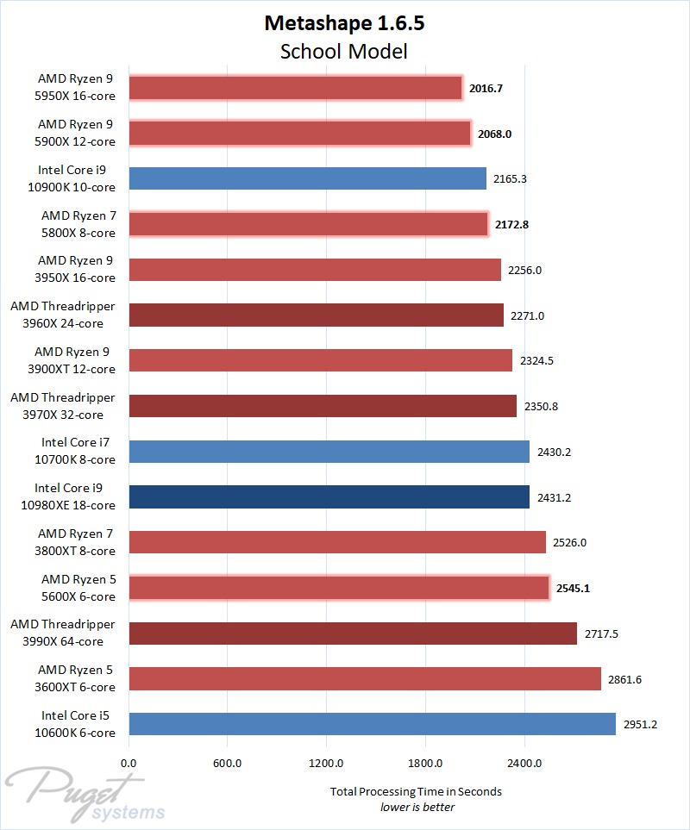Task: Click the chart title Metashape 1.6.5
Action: tap(344, 23)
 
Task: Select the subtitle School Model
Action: tap(344, 52)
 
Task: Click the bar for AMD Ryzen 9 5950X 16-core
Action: tap(295, 88)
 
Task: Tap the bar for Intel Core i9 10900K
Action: tap(307, 178)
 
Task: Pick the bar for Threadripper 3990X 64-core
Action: tap(352, 633)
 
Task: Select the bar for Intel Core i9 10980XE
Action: tap(329, 497)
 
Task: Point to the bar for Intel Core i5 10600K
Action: tap(372, 724)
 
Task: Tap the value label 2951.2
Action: tap(640, 724)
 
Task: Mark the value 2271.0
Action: tap(527, 315)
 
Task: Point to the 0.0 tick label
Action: tap(129, 763)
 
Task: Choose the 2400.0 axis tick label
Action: tap(524, 763)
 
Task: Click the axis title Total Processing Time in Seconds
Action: tap(416, 791)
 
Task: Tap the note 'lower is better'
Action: tap(417, 808)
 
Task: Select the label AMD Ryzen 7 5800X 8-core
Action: tap(78, 223)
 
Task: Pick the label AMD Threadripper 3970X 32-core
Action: tap(63, 406)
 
